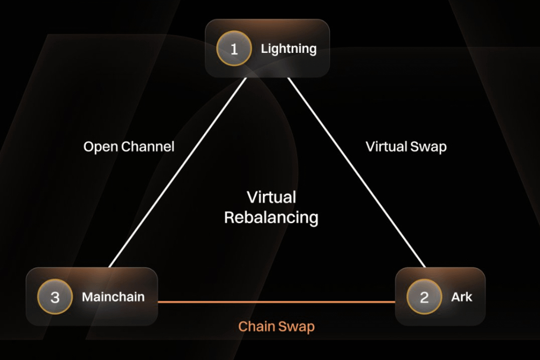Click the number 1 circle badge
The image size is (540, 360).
[x=234, y=49]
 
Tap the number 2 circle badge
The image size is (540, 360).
[x=424, y=296]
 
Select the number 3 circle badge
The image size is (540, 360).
[x=55, y=296]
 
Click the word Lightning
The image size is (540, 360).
[x=288, y=49]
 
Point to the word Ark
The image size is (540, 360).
[x=461, y=296]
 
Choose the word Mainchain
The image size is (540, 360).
[x=113, y=296]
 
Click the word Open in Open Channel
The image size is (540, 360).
[x=100, y=147]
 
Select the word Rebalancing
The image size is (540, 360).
[x=271, y=218]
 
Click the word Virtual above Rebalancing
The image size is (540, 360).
[x=271, y=197]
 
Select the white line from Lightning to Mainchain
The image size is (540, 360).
[x=178, y=172]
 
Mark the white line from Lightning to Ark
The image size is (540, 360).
[x=356, y=172]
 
